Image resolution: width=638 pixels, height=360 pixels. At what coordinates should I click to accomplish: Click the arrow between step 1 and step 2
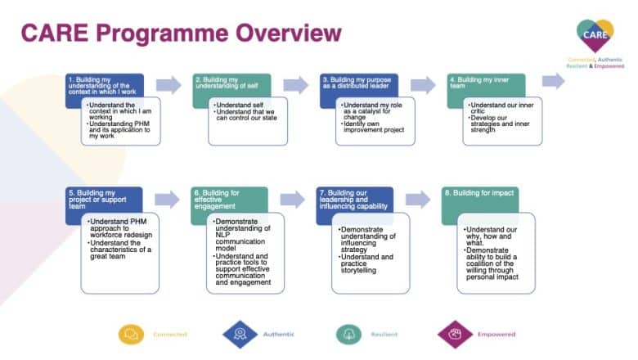(168, 85)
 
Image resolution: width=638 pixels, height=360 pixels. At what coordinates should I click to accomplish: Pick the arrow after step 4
(553, 80)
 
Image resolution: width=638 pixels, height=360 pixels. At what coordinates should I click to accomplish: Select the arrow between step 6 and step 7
(292, 200)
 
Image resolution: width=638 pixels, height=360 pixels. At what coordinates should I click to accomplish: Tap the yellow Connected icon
(131, 334)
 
